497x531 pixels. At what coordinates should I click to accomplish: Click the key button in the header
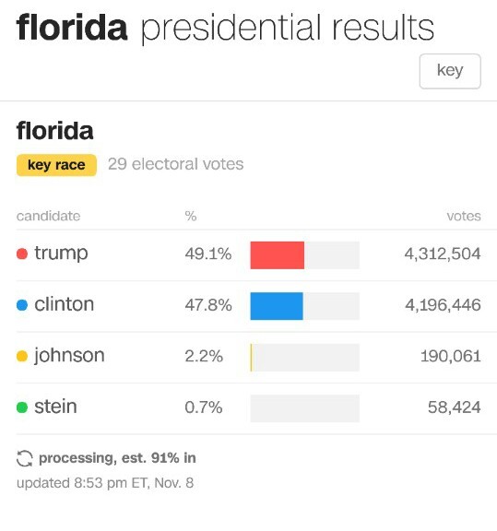tap(450, 71)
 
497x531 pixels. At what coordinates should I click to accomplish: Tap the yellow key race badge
tap(56, 165)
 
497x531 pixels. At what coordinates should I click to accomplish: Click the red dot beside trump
tap(22, 254)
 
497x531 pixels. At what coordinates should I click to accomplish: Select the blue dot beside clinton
tap(22, 305)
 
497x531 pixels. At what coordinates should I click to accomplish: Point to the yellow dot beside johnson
tap(22, 356)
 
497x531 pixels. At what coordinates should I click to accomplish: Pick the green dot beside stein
tap(22, 407)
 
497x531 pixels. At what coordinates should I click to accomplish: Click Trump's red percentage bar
tap(278, 255)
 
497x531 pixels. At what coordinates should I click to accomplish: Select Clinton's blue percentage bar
tap(277, 306)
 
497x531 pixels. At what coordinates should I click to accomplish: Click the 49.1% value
tap(208, 254)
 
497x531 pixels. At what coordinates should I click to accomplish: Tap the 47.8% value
tap(208, 305)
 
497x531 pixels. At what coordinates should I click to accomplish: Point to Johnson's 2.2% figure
tap(204, 356)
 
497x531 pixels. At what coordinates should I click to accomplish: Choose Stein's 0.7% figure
tap(204, 407)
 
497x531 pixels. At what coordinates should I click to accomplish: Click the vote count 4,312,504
tap(443, 254)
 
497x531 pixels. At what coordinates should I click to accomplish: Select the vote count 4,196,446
tap(443, 305)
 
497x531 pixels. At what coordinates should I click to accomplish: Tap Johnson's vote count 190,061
tap(451, 356)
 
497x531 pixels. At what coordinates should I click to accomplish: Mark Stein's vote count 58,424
tap(455, 407)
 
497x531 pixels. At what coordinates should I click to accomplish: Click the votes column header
tap(464, 216)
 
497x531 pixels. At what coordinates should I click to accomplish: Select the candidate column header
tap(49, 216)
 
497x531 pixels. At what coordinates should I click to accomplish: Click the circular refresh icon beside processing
tap(24, 458)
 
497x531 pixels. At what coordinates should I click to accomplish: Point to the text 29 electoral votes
tap(176, 164)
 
